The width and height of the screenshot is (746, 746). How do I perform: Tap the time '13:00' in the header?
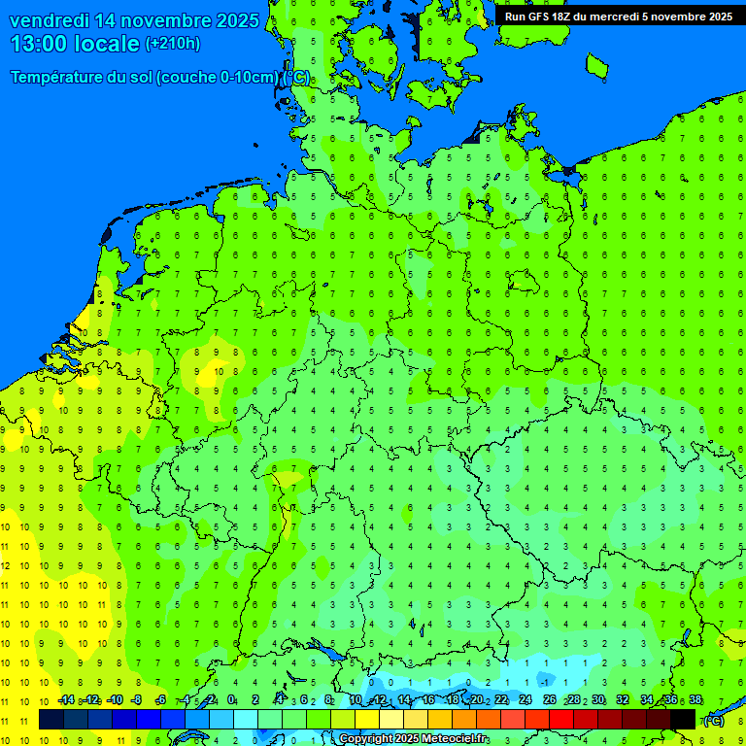click(x=40, y=44)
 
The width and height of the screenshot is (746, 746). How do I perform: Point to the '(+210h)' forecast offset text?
click(x=172, y=44)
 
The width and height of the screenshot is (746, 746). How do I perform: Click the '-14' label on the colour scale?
click(x=66, y=700)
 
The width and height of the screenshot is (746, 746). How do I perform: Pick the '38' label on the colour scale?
click(x=695, y=700)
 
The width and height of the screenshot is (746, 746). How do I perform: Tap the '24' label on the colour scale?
click(x=526, y=700)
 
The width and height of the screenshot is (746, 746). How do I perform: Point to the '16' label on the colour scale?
click(x=428, y=700)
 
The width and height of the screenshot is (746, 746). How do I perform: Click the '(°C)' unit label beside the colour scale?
click(x=713, y=721)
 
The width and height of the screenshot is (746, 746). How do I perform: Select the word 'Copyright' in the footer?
click(x=365, y=739)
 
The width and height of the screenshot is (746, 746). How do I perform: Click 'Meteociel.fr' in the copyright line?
click(x=455, y=739)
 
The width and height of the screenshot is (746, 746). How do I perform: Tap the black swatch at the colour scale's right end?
click(x=683, y=720)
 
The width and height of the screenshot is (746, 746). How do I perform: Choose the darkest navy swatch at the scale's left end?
click(x=51, y=720)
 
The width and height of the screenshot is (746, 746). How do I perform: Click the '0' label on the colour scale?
click(x=232, y=700)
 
